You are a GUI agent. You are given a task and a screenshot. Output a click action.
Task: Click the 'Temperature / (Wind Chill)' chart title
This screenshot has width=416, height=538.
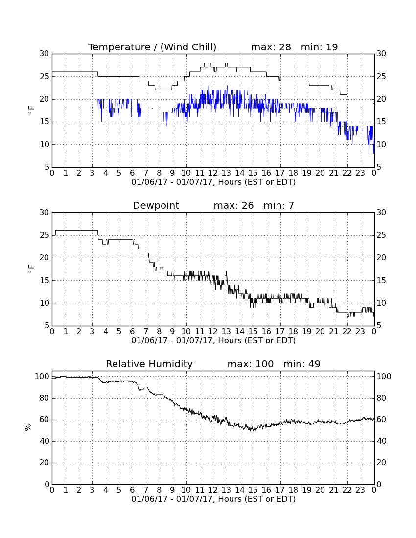(x=152, y=47)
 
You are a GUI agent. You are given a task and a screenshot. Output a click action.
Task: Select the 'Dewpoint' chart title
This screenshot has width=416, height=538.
(x=156, y=205)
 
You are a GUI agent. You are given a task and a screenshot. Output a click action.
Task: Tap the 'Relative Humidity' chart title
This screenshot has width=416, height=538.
(x=149, y=364)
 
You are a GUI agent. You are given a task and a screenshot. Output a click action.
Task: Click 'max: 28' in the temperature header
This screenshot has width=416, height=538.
(x=271, y=47)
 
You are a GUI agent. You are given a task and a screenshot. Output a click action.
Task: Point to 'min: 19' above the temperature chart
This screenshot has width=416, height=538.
(x=320, y=47)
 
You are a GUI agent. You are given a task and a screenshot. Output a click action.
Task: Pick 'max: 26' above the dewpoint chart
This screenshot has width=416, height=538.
(x=234, y=205)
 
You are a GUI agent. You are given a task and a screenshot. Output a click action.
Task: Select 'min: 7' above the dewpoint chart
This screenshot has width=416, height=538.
(x=278, y=205)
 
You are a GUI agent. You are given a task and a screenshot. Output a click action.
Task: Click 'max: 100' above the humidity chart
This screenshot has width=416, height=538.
(x=251, y=364)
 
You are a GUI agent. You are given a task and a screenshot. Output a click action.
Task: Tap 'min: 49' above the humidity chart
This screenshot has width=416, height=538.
(x=301, y=364)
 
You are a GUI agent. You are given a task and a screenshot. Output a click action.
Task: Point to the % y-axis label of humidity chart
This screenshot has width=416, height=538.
(x=28, y=427)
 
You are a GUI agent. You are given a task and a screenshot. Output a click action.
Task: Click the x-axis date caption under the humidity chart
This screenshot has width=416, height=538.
(x=213, y=499)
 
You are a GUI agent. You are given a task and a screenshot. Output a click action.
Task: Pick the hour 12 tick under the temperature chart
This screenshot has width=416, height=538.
(x=213, y=173)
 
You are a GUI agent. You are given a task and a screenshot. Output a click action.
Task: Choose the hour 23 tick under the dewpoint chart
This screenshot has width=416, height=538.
(x=360, y=332)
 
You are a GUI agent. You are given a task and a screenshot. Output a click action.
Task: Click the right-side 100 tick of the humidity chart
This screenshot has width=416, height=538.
(x=384, y=377)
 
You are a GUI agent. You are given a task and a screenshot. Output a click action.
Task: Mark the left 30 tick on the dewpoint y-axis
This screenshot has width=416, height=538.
(x=44, y=212)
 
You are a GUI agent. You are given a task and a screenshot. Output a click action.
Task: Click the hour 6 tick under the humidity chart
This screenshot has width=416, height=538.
(x=133, y=490)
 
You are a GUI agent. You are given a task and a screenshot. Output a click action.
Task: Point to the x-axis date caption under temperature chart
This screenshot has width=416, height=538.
(x=213, y=182)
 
